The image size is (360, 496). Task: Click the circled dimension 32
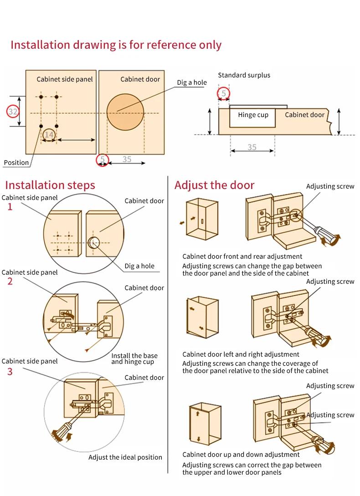pyautogui.click(x=13, y=112)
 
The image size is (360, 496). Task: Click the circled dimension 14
pyautogui.click(x=49, y=134)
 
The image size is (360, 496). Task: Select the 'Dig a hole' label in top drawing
pyautogui.click(x=192, y=82)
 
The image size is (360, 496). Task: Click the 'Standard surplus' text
pyautogui.click(x=244, y=75)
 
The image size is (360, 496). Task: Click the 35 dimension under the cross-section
pyautogui.click(x=252, y=147)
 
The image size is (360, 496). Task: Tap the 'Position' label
pyautogui.click(x=16, y=163)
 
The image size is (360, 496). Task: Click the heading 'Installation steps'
pyautogui.click(x=50, y=185)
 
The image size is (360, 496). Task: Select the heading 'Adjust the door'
pyautogui.click(x=214, y=185)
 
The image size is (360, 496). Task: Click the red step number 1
pyautogui.click(x=10, y=207)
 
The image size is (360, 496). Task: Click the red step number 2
pyautogui.click(x=10, y=281)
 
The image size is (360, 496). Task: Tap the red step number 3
pyautogui.click(x=10, y=372)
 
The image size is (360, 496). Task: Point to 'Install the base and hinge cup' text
pyautogui.click(x=134, y=359)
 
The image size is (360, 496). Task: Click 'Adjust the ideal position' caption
pyautogui.click(x=125, y=457)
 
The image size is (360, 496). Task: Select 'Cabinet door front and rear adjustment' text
pyautogui.click(x=242, y=256)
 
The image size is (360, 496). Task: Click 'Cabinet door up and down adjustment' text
pyautogui.click(x=241, y=455)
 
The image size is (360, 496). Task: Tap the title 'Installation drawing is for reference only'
pyautogui.click(x=116, y=45)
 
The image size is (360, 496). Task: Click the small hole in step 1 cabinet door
pyautogui.click(x=94, y=242)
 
